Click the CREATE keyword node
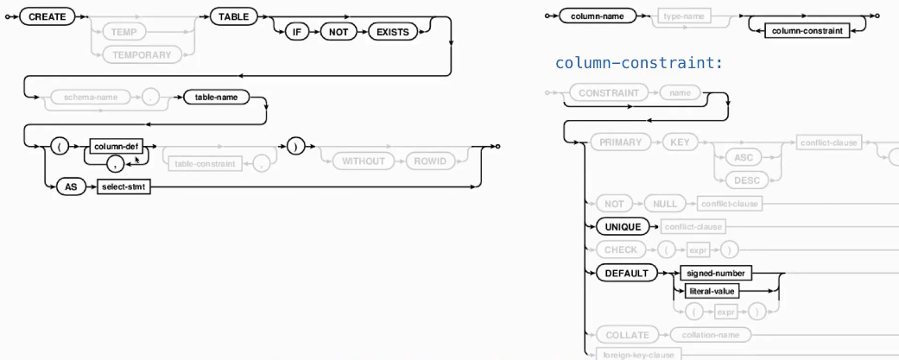(47, 16)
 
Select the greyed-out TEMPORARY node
(147, 54)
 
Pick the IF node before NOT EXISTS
(295, 32)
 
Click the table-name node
(215, 98)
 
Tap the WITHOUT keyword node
(357, 161)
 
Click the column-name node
(597, 16)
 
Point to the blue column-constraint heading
(638, 63)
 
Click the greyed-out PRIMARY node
(620, 142)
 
